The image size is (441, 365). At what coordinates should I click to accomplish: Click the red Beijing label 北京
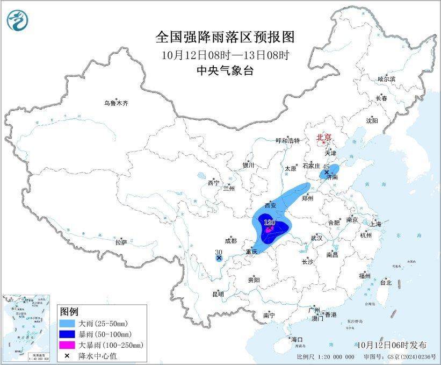click(x=324, y=137)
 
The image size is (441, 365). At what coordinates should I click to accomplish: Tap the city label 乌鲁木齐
click(x=117, y=103)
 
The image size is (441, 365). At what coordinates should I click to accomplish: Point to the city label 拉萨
click(x=121, y=242)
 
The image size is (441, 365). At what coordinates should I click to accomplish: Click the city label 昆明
click(x=218, y=294)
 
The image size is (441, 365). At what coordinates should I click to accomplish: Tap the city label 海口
click(x=297, y=340)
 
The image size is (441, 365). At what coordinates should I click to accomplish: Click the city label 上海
click(x=375, y=223)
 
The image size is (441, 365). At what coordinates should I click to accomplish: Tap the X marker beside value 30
click(x=219, y=259)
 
